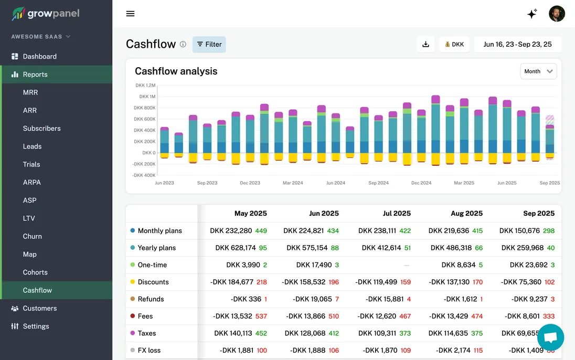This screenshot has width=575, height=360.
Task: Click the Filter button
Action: click(x=209, y=45)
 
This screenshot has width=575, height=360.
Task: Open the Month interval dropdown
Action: click(x=538, y=71)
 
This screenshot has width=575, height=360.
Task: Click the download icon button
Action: click(x=425, y=45)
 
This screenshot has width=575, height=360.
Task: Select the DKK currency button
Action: click(x=454, y=45)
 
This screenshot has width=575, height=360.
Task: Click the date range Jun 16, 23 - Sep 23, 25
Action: click(x=517, y=45)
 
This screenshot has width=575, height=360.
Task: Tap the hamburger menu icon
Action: click(x=131, y=14)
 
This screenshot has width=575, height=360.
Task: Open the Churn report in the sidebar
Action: click(x=33, y=236)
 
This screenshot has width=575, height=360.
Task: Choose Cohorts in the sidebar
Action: click(x=35, y=272)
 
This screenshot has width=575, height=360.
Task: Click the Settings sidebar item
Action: click(x=36, y=326)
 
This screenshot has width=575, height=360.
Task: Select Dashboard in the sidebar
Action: click(x=39, y=56)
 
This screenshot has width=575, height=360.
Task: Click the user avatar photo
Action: click(x=557, y=14)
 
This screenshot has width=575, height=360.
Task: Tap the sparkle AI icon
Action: click(x=532, y=14)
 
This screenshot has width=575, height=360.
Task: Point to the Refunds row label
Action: click(x=151, y=299)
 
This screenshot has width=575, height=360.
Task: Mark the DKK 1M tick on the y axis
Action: click(x=147, y=97)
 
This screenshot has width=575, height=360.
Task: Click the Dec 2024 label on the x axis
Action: click(x=421, y=183)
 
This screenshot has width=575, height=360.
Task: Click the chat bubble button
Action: click(x=550, y=337)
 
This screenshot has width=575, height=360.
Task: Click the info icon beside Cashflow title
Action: click(x=183, y=45)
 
